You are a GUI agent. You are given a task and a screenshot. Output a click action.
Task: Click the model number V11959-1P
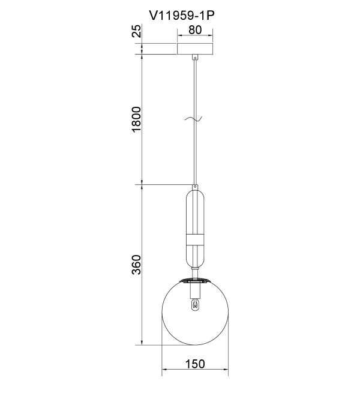[182, 16]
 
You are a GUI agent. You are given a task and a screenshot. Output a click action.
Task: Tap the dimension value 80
[195, 30]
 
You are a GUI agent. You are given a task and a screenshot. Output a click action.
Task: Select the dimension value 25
[137, 31]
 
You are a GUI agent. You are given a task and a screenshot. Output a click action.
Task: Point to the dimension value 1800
[137, 119]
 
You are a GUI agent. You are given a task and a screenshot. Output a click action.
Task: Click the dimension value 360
[137, 265]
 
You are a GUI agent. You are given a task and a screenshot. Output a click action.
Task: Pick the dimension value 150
[195, 364]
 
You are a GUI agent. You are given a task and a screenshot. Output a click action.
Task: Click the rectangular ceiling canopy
[195, 49]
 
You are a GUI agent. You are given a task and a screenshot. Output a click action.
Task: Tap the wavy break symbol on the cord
[194, 119]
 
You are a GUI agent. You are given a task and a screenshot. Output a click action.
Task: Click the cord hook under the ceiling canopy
[195, 58]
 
